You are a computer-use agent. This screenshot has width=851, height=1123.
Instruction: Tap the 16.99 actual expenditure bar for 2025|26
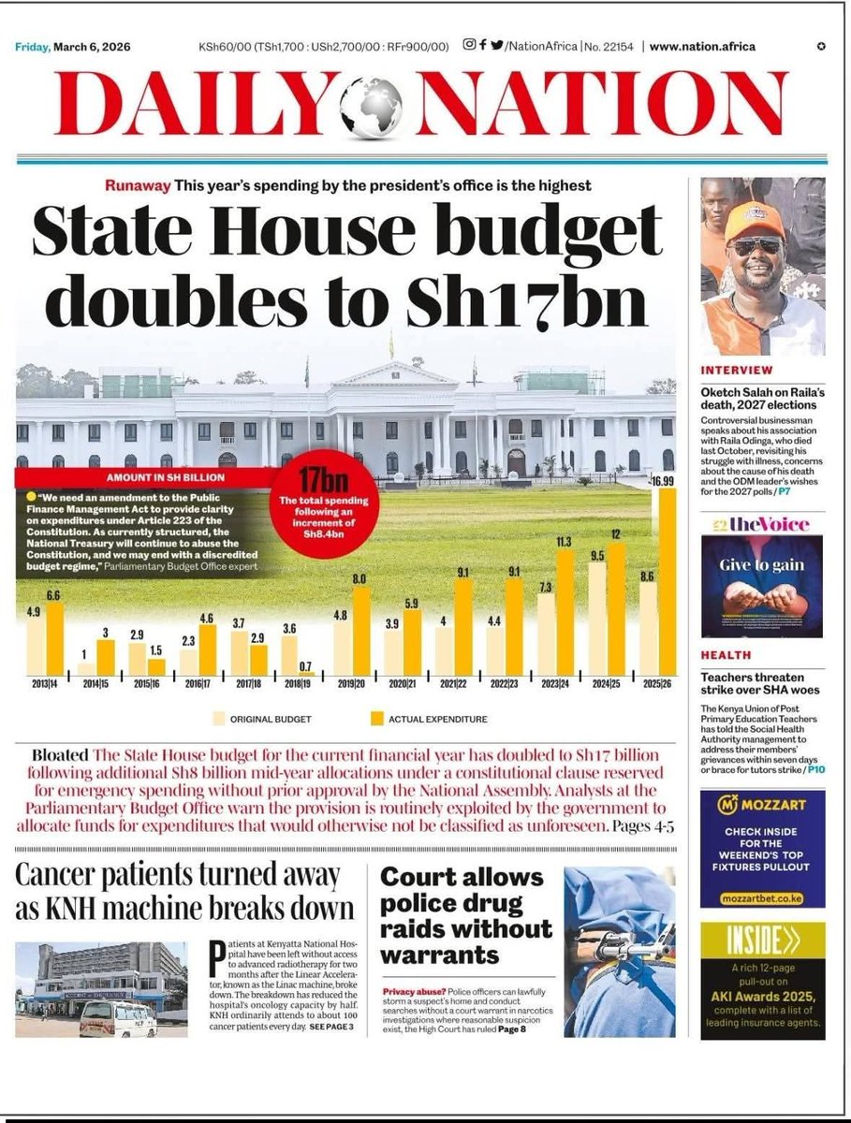(x=666, y=580)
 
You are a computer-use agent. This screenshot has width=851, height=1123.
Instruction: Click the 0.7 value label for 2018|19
(x=305, y=666)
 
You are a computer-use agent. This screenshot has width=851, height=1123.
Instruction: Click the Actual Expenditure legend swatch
(x=378, y=719)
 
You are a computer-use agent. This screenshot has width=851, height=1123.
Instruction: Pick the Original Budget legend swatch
(x=220, y=719)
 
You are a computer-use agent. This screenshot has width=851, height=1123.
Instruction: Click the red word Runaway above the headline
(x=137, y=185)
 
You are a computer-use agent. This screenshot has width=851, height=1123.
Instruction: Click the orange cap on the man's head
(x=755, y=220)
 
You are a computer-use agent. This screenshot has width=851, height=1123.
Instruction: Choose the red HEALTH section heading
(x=726, y=655)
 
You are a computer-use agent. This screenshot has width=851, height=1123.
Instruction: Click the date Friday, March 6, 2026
(x=72, y=47)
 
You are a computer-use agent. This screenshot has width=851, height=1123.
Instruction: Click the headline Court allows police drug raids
(x=465, y=916)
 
